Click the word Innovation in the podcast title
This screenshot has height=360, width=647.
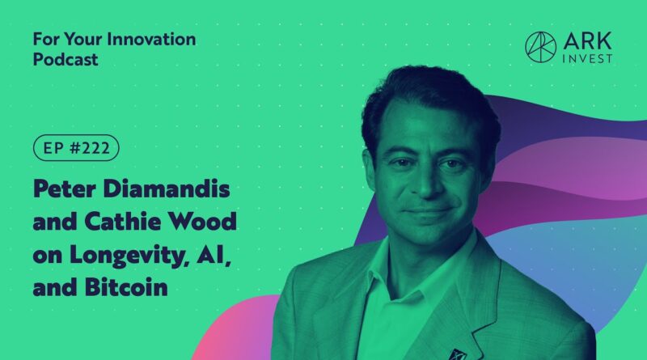coord(151,39)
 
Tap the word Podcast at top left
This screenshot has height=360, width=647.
coord(66,59)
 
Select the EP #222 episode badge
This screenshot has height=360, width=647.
coord(76,148)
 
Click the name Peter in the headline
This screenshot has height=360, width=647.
coord(65,188)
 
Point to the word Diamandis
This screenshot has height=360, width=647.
coord(167,188)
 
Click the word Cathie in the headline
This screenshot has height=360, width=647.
coord(123,222)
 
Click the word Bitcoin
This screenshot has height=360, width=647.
coord(126,287)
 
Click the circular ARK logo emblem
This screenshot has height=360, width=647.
coord(540,47)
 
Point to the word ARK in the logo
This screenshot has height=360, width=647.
coord(588,41)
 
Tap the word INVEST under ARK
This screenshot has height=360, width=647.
coord(588,58)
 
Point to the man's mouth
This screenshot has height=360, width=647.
coord(427,211)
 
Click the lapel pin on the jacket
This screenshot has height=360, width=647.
coord(457,354)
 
